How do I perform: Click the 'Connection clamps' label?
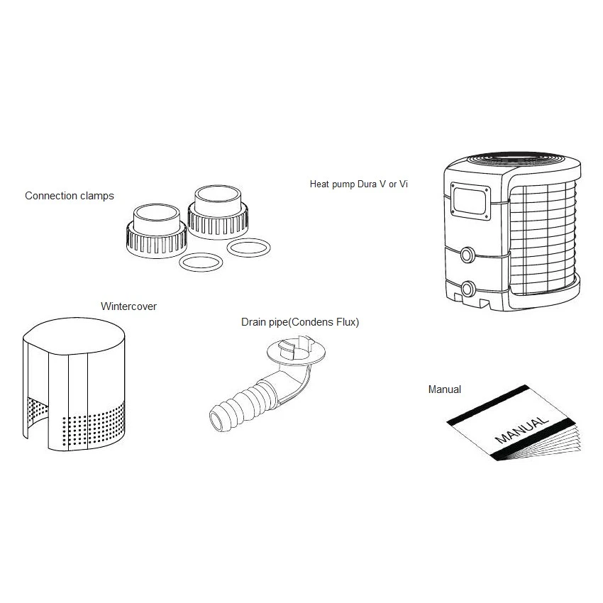pyautogui.click(x=69, y=195)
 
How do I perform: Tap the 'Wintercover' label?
pyautogui.click(x=128, y=306)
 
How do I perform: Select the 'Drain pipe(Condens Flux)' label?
pyautogui.click(x=300, y=322)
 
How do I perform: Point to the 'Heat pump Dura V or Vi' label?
pyautogui.click(x=359, y=184)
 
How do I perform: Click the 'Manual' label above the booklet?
pyautogui.click(x=445, y=389)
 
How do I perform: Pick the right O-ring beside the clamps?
pyautogui.click(x=249, y=248)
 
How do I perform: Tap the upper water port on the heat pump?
pyautogui.click(x=468, y=255)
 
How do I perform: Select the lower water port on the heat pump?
pyautogui.click(x=468, y=289)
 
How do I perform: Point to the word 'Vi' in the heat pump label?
pyautogui.click(x=404, y=184)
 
